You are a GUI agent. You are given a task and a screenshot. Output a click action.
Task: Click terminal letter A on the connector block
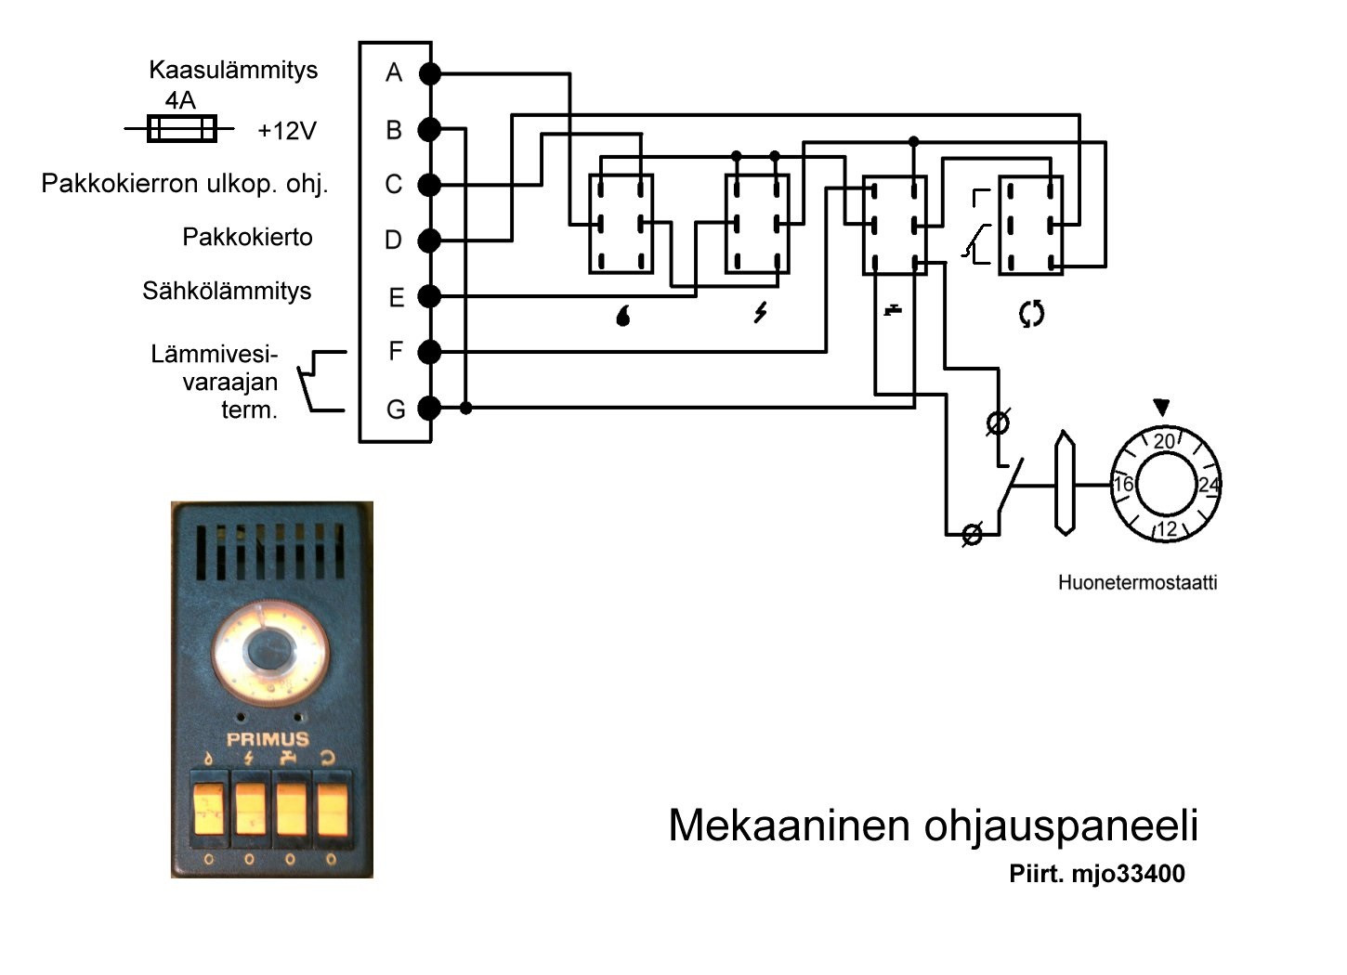[394, 72]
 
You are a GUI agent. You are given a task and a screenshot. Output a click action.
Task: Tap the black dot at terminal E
[429, 296]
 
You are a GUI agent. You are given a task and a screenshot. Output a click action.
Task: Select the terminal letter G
[396, 409]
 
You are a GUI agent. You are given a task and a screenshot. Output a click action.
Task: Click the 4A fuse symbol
[182, 128]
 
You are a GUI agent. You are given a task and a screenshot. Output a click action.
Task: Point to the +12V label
[287, 131]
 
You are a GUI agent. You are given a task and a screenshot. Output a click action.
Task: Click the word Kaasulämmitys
[233, 70]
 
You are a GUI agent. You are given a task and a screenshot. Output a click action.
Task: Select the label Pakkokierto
[247, 237]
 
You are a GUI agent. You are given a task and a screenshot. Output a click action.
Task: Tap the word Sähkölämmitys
[227, 291]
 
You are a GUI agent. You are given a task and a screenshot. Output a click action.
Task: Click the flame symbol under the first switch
[622, 316]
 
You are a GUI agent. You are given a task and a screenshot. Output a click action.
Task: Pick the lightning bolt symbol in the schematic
[760, 313]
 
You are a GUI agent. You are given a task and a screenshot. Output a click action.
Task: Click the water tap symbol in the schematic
[893, 309]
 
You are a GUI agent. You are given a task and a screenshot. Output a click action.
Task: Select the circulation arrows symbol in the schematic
[1031, 314]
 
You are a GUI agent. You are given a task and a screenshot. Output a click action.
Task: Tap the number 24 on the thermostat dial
[1208, 485]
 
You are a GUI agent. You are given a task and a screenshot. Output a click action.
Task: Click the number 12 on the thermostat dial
[1167, 528]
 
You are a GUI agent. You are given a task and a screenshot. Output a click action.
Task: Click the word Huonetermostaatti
[1137, 583]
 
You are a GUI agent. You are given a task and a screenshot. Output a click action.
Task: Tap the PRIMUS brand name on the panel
[268, 740]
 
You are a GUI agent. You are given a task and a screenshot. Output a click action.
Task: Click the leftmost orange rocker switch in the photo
[209, 809]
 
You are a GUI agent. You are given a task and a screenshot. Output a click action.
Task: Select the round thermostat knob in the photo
[272, 648]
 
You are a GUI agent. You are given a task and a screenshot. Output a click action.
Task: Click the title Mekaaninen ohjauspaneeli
[933, 825]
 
